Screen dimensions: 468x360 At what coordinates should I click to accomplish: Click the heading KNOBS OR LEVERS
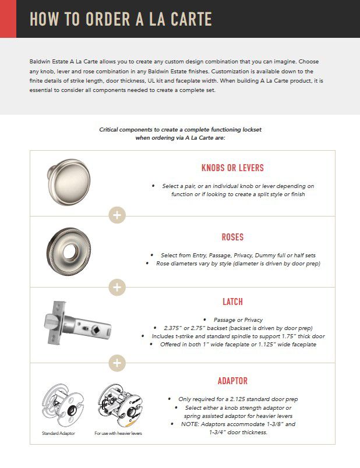coord(232,168)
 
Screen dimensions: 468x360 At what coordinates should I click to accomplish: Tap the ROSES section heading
coord(232,237)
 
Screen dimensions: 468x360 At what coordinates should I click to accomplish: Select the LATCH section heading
coord(232,302)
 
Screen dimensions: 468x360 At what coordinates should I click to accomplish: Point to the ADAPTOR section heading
coord(232,381)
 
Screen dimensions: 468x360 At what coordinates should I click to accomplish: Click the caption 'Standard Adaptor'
coord(58,434)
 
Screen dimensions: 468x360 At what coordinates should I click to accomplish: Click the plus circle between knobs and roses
coord(117,215)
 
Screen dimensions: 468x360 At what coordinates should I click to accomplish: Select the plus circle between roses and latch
coord(117,286)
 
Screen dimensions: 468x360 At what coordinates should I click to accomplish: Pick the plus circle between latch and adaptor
coord(117,363)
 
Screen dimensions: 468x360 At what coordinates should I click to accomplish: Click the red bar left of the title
coord(8,19)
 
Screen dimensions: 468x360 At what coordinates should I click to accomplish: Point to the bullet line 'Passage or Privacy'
coord(233,320)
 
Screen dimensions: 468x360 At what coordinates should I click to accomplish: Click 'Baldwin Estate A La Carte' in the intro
coord(59,62)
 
